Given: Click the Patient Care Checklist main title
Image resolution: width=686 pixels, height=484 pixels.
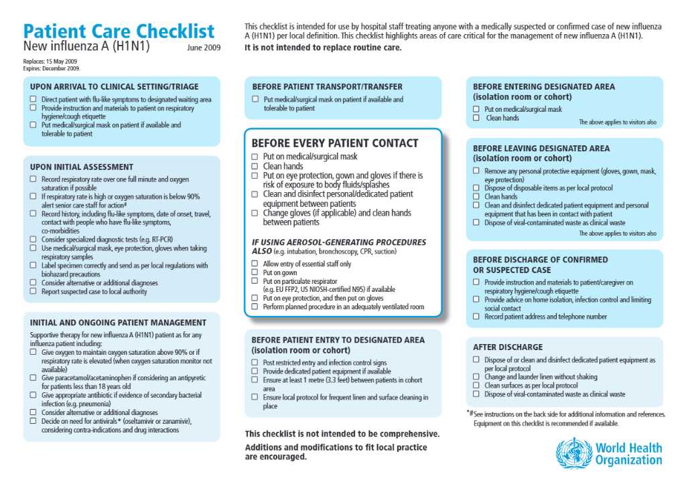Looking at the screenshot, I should click(119, 31).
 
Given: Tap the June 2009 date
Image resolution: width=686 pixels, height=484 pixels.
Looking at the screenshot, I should click(204, 48).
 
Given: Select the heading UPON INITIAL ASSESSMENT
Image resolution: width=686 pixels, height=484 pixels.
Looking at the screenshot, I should click(82, 167).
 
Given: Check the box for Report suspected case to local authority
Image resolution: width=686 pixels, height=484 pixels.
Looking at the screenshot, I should click(33, 292).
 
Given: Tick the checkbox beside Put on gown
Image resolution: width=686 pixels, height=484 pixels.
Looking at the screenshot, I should click(255, 273).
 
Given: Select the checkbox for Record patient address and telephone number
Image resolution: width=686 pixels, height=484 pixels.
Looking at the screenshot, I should click(476, 317).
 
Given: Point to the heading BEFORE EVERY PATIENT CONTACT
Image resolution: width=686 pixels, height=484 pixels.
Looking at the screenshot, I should click(334, 143).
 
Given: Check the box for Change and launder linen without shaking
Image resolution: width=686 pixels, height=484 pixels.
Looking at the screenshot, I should click(476, 377).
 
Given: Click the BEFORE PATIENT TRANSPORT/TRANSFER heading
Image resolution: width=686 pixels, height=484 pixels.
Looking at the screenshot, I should click(327, 86).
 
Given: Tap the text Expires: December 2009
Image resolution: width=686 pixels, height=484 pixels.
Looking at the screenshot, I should click(52, 68).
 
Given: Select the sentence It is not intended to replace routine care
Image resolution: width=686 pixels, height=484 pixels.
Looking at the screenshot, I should click(323, 48).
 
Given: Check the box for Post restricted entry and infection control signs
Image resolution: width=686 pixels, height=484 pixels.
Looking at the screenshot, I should click(255, 363).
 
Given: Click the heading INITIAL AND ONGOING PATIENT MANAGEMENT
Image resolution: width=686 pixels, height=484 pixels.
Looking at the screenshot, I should click(119, 322).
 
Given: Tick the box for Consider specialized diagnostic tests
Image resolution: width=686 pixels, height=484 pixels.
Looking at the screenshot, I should click(33, 239).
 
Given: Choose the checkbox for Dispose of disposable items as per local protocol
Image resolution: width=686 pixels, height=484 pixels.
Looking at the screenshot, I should click(476, 188).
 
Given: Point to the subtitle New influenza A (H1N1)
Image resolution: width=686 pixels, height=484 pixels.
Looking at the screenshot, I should click(86, 47).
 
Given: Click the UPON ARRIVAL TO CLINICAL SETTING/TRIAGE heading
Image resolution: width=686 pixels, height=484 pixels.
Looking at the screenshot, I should click(115, 86).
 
